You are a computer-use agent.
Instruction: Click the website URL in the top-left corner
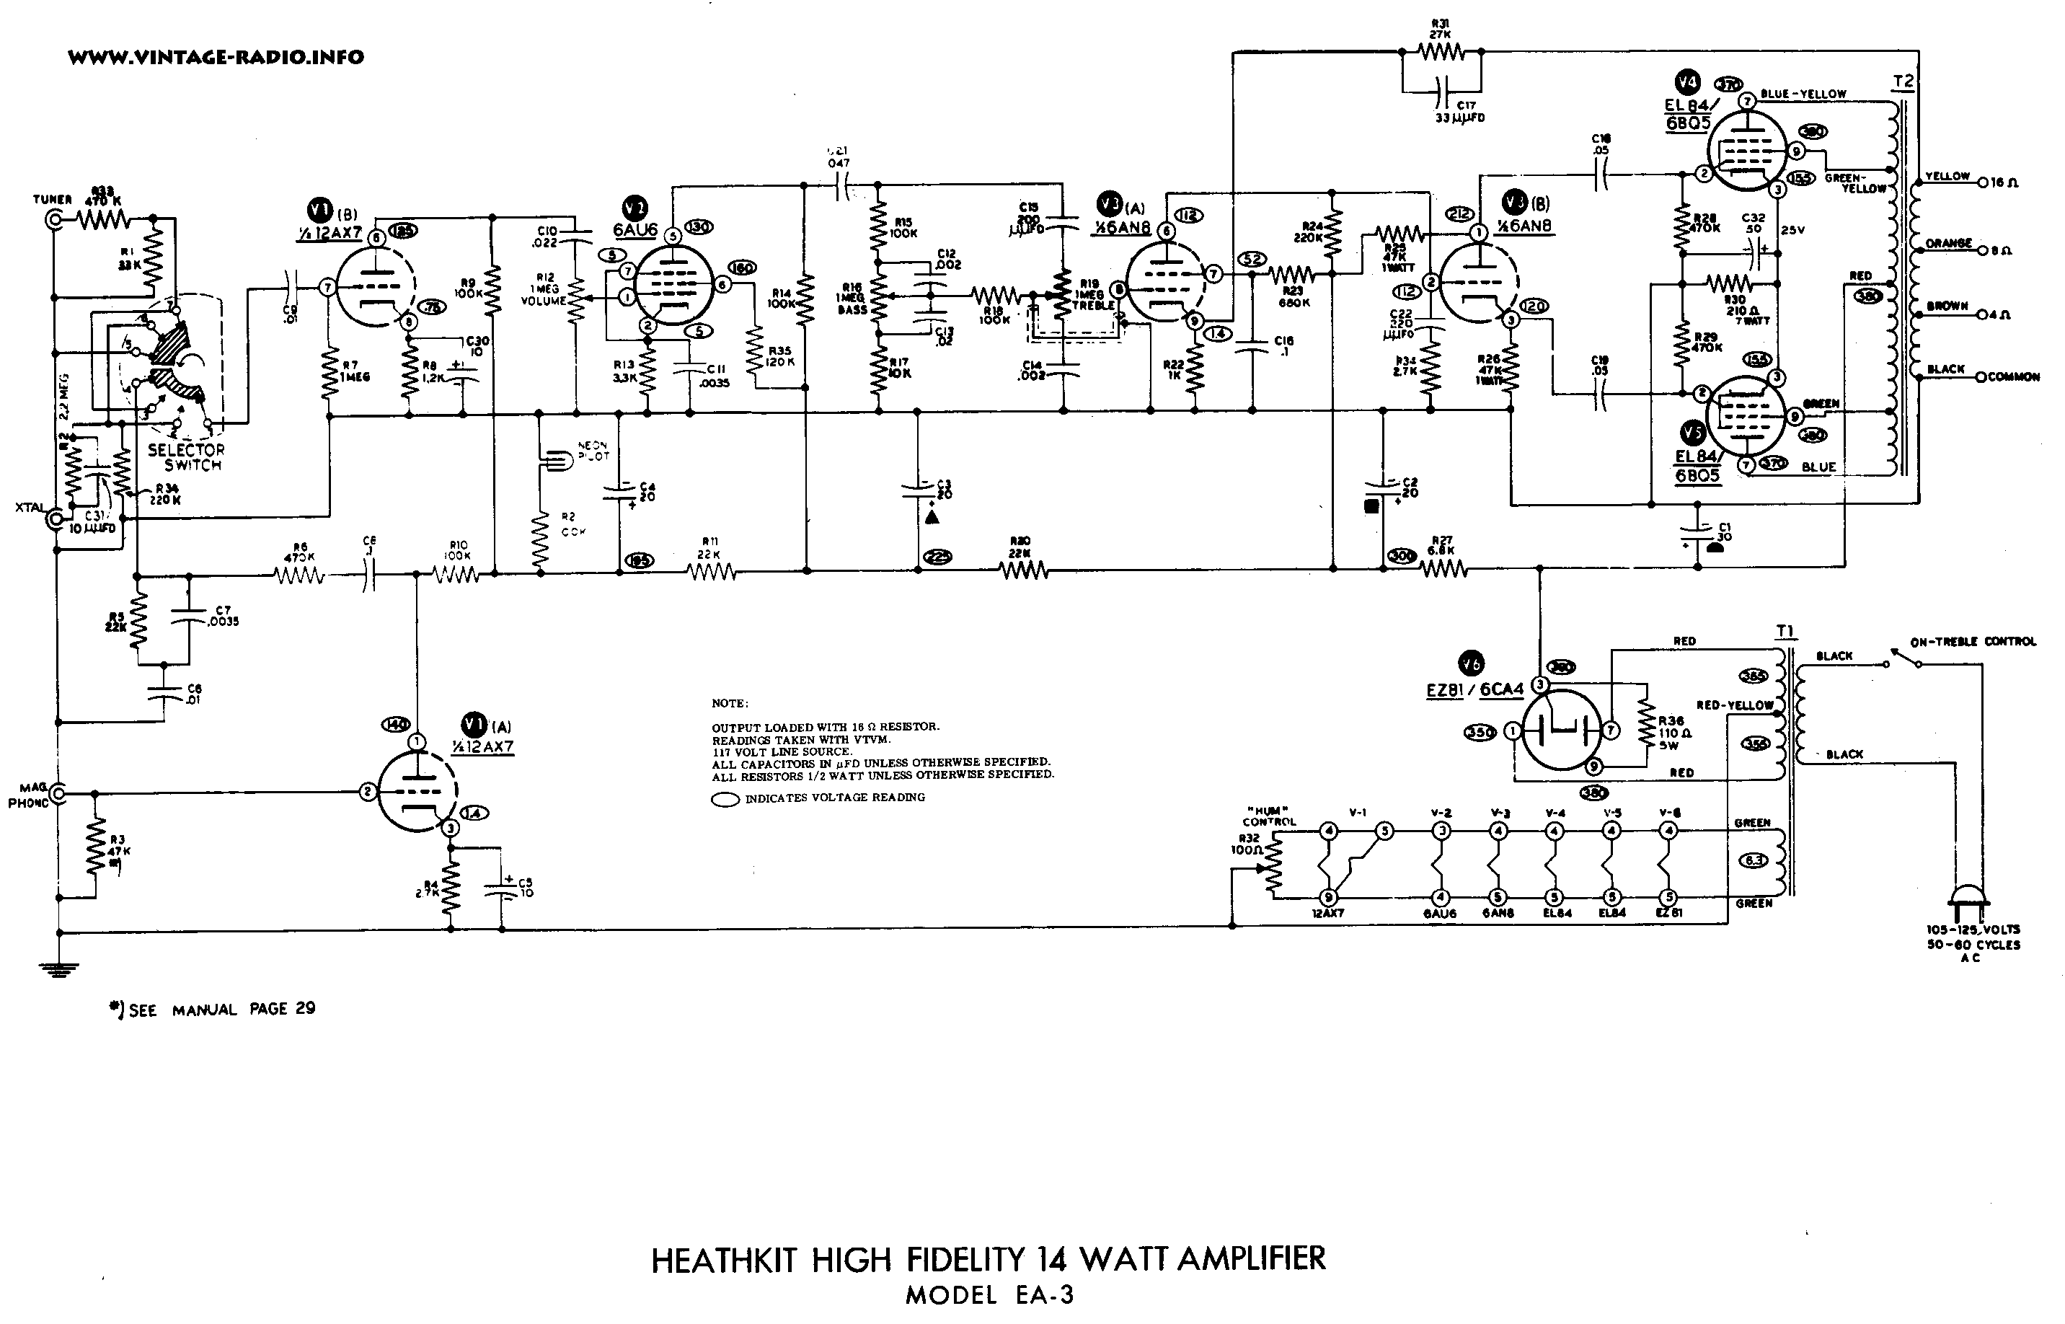click(216, 58)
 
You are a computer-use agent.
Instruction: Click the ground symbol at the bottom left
click(59, 969)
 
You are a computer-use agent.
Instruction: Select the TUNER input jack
click(57, 220)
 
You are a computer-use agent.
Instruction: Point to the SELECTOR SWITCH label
click(185, 457)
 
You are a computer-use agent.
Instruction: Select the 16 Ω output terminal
click(1984, 182)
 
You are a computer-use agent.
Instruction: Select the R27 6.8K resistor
click(1443, 568)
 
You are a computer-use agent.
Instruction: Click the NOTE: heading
click(730, 703)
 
